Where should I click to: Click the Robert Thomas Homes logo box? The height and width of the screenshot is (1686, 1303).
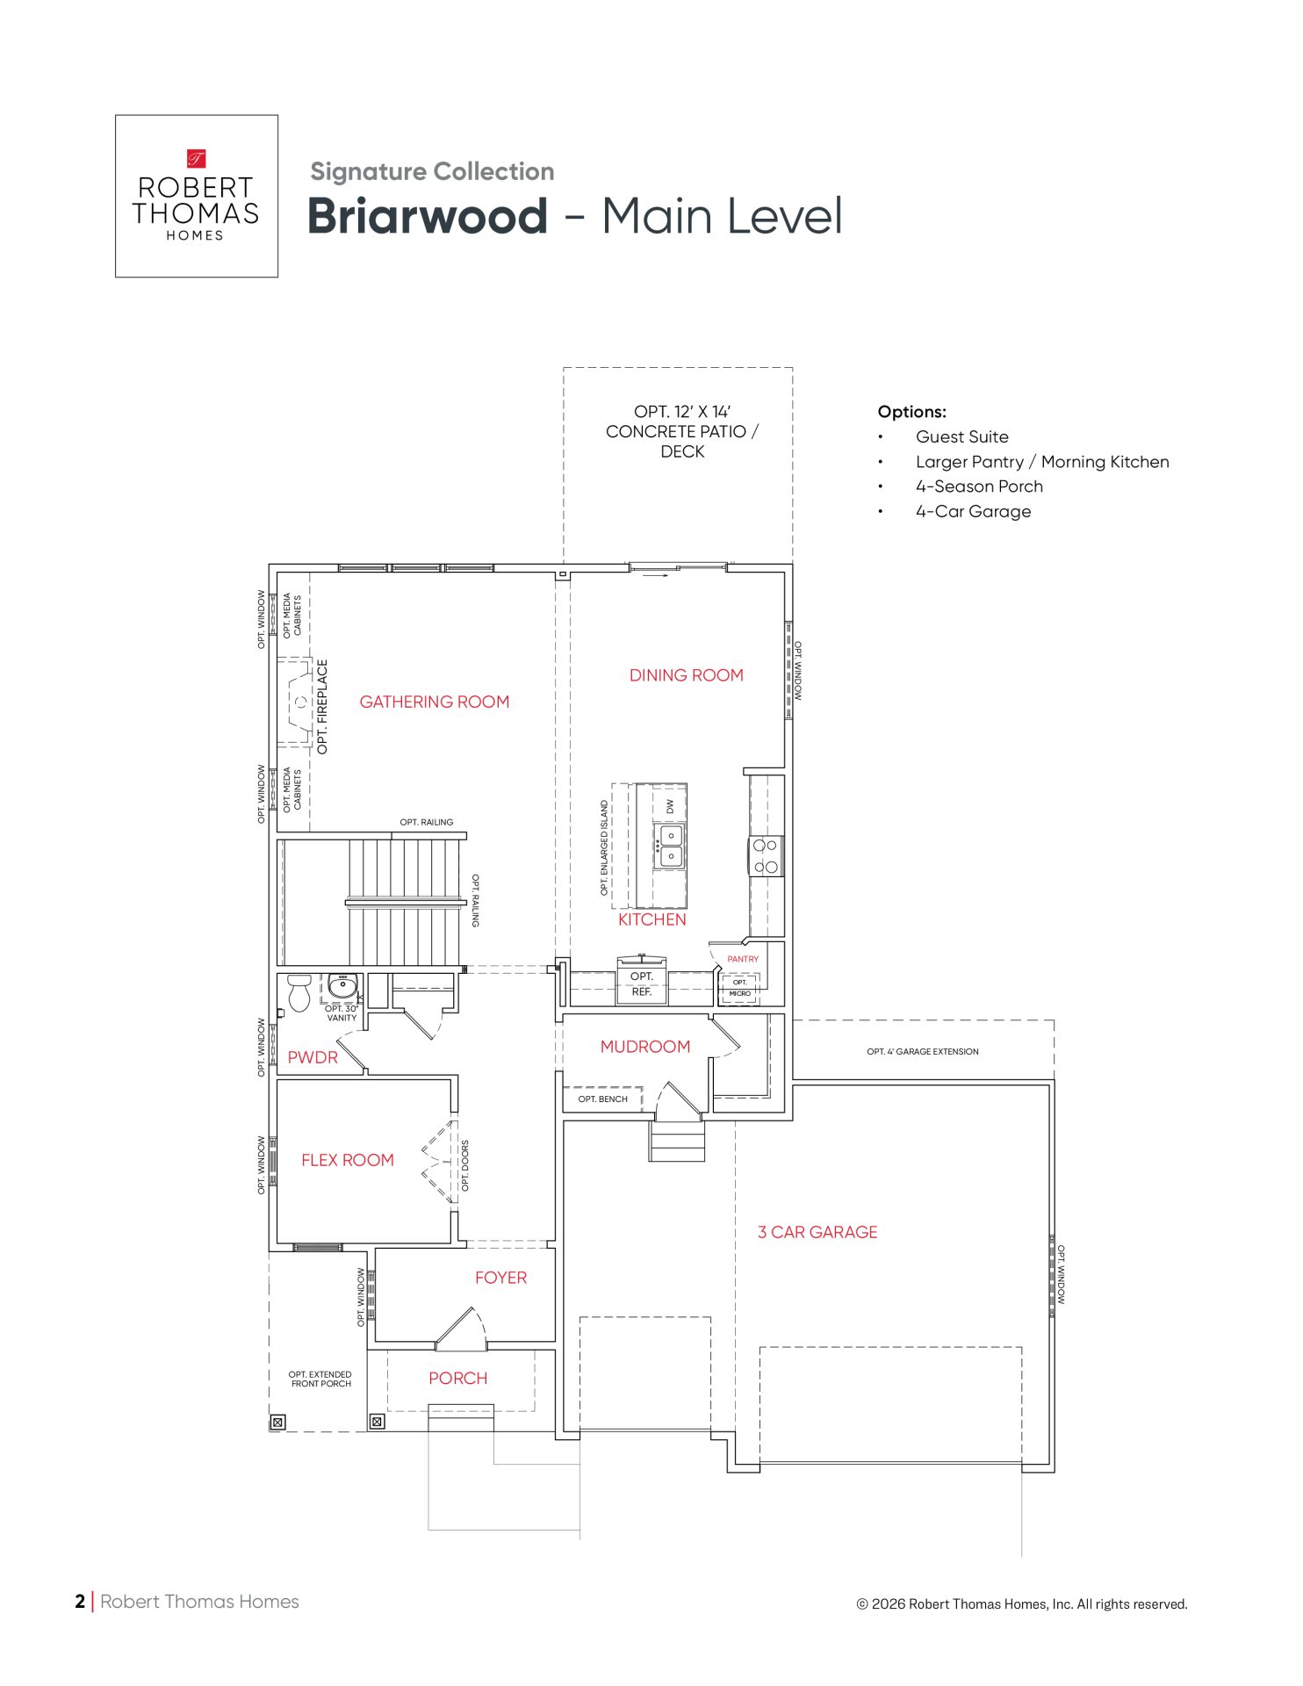197,196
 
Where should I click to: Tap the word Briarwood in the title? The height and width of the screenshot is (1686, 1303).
428,216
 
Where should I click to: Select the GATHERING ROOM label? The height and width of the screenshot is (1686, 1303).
435,702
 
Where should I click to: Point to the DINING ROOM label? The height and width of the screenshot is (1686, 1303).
687,675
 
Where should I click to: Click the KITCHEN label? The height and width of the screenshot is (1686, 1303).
652,919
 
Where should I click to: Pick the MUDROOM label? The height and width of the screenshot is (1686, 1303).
645,1047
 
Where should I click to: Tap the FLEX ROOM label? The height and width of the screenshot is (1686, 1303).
348,1160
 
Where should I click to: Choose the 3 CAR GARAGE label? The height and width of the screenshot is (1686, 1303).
817,1232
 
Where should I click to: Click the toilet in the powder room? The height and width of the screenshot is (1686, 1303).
299,992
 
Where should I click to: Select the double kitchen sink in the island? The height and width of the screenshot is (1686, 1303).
671,846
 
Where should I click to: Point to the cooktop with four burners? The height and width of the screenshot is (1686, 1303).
766,856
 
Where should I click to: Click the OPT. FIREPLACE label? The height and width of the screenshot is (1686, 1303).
322,707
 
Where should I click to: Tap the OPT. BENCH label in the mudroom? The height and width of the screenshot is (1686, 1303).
603,1099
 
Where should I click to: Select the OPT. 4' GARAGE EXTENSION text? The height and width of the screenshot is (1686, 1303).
923,1051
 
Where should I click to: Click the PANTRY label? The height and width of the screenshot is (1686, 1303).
743,959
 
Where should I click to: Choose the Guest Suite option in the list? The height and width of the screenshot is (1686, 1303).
962,437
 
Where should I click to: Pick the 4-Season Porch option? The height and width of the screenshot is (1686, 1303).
980,486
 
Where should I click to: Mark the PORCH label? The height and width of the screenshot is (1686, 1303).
458,1379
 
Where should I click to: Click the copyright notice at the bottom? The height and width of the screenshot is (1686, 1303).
1022,1604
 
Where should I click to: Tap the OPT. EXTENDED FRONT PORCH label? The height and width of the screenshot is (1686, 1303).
320,1379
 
